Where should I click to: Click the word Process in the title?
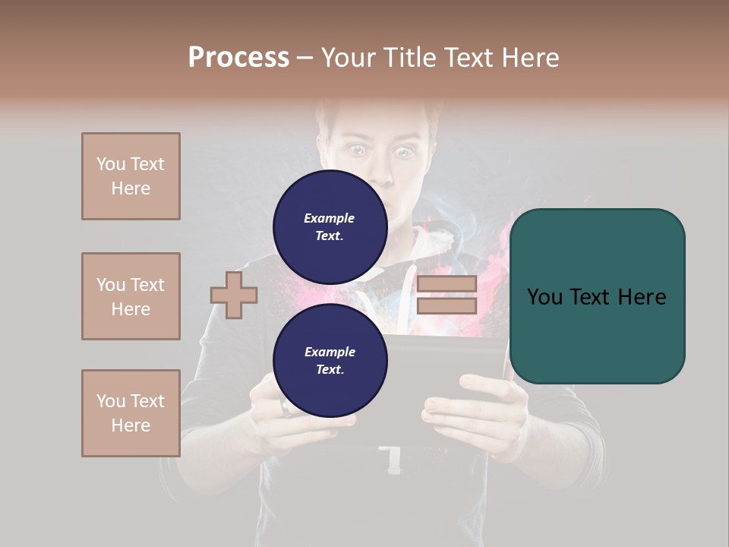coord(238,58)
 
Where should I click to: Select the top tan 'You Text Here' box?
coord(131,176)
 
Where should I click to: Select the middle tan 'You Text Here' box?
coord(131,296)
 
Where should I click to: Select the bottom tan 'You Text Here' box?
coord(131,413)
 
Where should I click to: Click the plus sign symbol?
coord(234,296)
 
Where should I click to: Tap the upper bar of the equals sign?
coord(447,284)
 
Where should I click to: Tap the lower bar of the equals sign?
coord(447,306)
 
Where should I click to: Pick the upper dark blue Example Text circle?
coord(330,227)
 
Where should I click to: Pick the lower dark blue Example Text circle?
coord(330,361)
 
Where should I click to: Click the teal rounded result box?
coord(597,296)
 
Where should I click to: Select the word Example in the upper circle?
coord(330,218)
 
